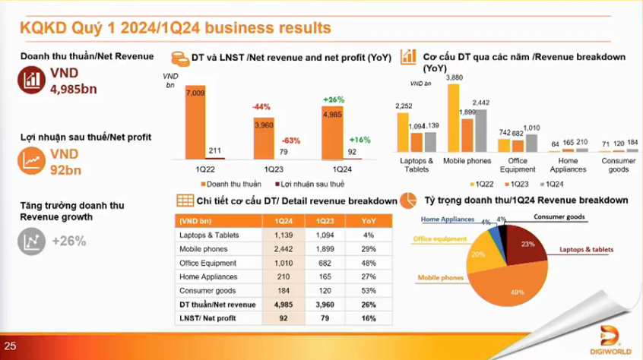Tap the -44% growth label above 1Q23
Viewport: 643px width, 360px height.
pos(261,107)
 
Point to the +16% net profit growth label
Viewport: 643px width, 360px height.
pos(359,140)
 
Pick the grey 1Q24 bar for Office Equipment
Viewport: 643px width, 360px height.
pos(531,144)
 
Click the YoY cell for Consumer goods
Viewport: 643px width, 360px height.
pos(369,291)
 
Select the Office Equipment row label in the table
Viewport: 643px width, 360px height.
pos(205,263)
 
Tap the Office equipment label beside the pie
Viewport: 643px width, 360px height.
pos(440,238)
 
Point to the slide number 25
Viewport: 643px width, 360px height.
pos(10,346)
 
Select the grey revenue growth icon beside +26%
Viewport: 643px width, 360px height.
pos(31,242)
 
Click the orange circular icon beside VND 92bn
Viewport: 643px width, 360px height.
pos(32,160)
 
